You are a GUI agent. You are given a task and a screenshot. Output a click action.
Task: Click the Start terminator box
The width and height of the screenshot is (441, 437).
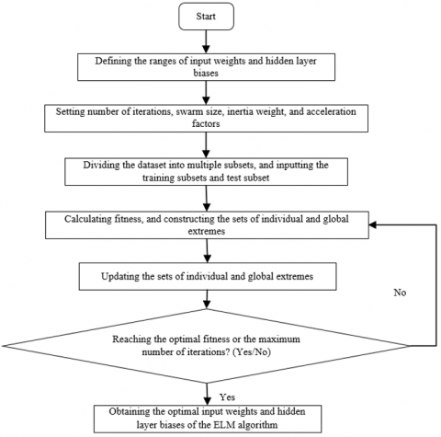click(x=206, y=17)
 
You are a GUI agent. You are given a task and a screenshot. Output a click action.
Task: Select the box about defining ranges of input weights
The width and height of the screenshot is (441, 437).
click(x=206, y=67)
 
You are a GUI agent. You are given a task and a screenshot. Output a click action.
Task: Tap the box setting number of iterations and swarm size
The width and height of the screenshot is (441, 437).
click(x=206, y=119)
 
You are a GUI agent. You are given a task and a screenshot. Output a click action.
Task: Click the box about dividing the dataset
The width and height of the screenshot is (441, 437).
click(x=206, y=172)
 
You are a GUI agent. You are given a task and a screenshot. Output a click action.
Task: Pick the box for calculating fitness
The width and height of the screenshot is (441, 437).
click(x=207, y=224)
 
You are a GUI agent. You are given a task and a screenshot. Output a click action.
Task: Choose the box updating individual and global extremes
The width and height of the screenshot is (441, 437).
click(x=208, y=276)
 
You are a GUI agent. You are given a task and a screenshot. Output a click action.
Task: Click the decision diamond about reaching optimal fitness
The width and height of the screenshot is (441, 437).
click(x=206, y=346)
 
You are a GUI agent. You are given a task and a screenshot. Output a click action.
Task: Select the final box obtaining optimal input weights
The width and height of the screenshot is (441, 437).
click(x=208, y=419)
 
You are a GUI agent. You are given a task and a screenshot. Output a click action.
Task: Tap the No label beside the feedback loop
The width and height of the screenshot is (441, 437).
click(x=400, y=293)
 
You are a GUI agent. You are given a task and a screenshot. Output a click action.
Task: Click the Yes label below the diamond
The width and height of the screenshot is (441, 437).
click(x=227, y=397)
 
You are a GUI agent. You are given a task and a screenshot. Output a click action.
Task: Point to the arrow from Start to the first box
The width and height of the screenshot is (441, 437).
click(x=206, y=41)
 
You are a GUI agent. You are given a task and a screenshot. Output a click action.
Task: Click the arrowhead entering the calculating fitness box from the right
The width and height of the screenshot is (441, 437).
click(x=373, y=224)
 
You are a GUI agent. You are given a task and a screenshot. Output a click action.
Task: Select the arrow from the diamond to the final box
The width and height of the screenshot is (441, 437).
click(x=208, y=394)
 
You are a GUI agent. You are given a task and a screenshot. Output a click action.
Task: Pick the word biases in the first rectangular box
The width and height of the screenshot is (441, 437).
click(x=206, y=74)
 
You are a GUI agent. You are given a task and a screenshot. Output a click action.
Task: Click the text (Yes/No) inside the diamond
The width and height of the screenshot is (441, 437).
click(x=252, y=352)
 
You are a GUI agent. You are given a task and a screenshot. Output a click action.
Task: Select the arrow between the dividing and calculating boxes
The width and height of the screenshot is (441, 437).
click(x=207, y=199)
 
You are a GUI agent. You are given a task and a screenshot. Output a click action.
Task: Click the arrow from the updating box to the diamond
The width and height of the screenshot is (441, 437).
click(x=208, y=299)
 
